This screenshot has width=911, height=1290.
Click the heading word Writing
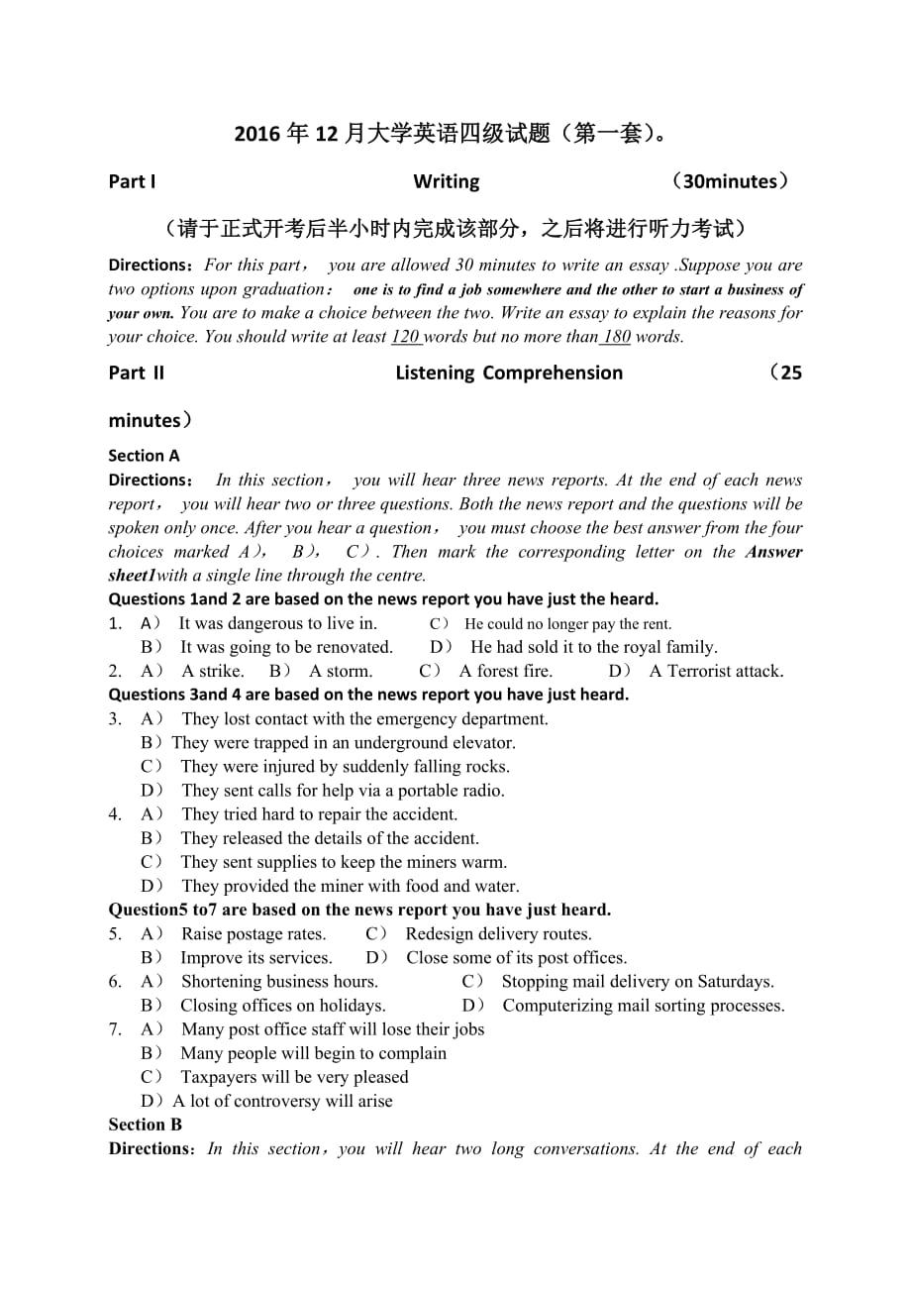[446, 181]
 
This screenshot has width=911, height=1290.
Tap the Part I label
[132, 181]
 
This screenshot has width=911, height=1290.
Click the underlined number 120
[406, 337]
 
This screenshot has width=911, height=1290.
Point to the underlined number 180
[616, 337]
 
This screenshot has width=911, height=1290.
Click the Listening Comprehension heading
[509, 373]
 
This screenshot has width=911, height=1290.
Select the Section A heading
[144, 456]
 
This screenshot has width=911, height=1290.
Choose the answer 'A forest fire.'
[505, 671]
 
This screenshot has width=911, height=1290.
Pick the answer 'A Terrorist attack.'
[716, 671]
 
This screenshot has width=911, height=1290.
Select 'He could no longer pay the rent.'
[567, 624]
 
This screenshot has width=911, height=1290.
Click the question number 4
[115, 814]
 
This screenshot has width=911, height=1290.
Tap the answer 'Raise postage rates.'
[253, 933]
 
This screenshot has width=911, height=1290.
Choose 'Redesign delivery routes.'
[498, 933]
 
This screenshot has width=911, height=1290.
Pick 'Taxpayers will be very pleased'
[294, 1077]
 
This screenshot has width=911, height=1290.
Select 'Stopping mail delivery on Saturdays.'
[638, 982]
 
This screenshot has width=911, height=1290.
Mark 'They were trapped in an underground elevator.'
[344, 743]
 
